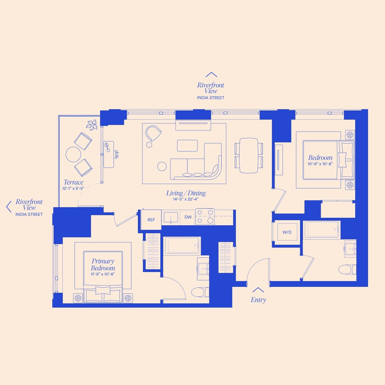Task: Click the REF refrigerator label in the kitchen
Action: click(x=151, y=220)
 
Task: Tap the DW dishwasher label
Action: click(x=188, y=218)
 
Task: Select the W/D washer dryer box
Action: click(x=287, y=232)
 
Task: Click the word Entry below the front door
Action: click(x=258, y=300)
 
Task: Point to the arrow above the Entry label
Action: click(x=258, y=290)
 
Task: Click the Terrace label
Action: click(x=73, y=182)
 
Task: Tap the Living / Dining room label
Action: click(x=186, y=193)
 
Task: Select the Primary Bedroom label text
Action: click(x=103, y=264)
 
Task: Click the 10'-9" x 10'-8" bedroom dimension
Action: click(x=320, y=164)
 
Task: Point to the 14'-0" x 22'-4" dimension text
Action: click(x=186, y=199)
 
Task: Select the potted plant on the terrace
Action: click(x=92, y=125)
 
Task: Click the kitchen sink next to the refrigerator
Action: click(x=171, y=218)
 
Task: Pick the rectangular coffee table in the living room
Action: click(x=187, y=146)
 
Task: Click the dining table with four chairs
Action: click(x=249, y=155)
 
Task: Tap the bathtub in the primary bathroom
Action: click(x=182, y=245)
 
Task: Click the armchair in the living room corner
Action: click(x=153, y=134)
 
